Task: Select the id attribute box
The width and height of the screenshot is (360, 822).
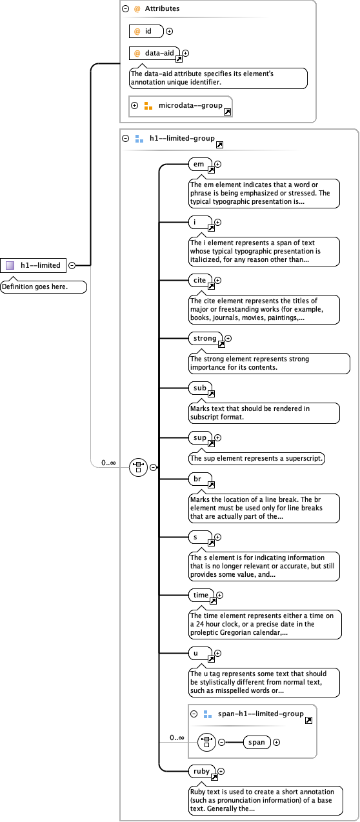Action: click(146, 31)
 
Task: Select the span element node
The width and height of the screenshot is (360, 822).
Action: click(257, 742)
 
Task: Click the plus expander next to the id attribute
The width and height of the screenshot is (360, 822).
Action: click(170, 31)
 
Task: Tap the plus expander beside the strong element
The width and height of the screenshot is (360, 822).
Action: click(228, 338)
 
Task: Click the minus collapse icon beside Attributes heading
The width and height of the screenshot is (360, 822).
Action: click(125, 9)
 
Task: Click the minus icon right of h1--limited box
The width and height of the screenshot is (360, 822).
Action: click(72, 265)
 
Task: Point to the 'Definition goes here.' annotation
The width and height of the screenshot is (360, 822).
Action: click(43, 286)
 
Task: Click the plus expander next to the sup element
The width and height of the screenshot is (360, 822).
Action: click(217, 438)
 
